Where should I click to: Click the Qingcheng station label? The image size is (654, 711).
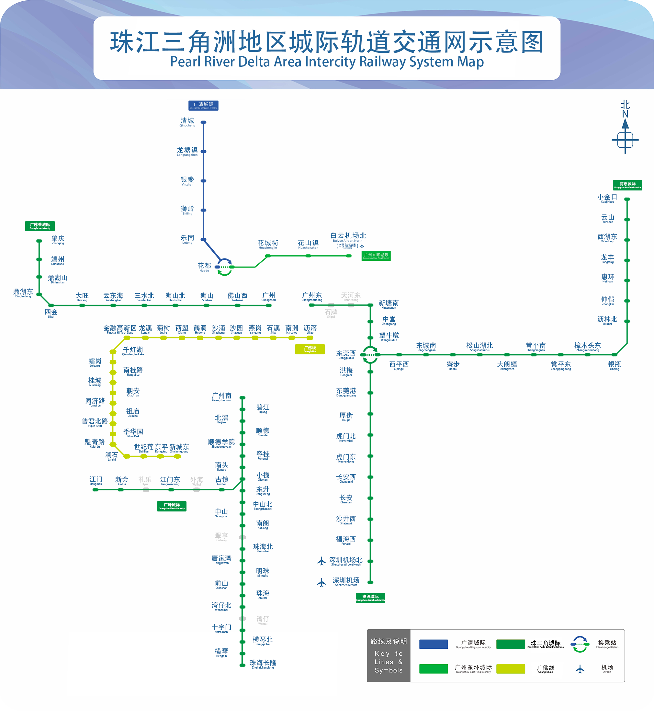[187, 122]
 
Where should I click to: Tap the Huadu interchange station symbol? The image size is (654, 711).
[224, 267]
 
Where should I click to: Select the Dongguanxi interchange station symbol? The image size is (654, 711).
[370, 355]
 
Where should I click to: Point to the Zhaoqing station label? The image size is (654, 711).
[58, 240]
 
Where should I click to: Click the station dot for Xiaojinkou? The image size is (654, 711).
[627, 199]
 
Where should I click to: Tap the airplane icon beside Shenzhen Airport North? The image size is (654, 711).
[321, 561]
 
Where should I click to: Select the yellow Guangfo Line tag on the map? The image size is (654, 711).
[310, 349]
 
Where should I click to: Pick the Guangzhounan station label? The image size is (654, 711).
[221, 397]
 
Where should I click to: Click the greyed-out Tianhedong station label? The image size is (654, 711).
[351, 296]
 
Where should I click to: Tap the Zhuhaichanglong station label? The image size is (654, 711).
[263, 664]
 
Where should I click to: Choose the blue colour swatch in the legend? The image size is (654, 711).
[434, 644]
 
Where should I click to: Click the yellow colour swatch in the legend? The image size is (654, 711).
[510, 669]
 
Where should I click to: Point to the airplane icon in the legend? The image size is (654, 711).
[580, 669]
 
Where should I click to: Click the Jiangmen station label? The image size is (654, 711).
[96, 480]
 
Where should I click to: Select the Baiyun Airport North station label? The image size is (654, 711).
[348, 237]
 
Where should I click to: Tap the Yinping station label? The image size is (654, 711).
[615, 365]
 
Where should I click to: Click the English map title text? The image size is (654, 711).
[327, 62]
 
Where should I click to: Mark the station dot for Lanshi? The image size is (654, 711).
[127, 456]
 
